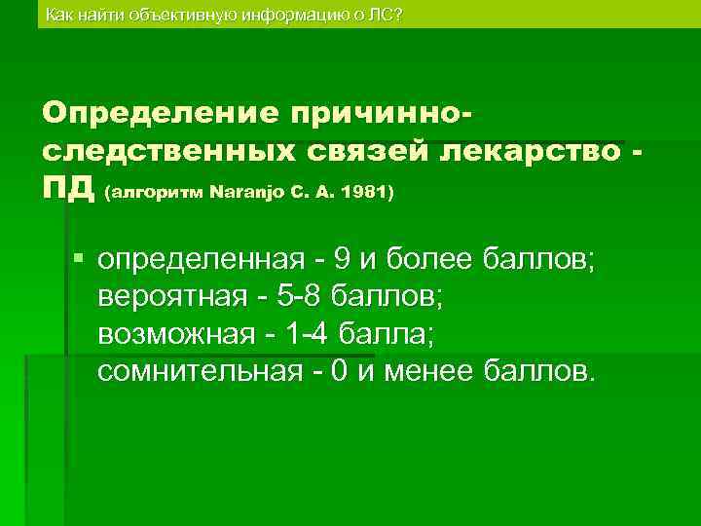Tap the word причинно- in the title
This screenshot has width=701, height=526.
(x=381, y=113)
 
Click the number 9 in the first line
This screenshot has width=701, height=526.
(x=343, y=260)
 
